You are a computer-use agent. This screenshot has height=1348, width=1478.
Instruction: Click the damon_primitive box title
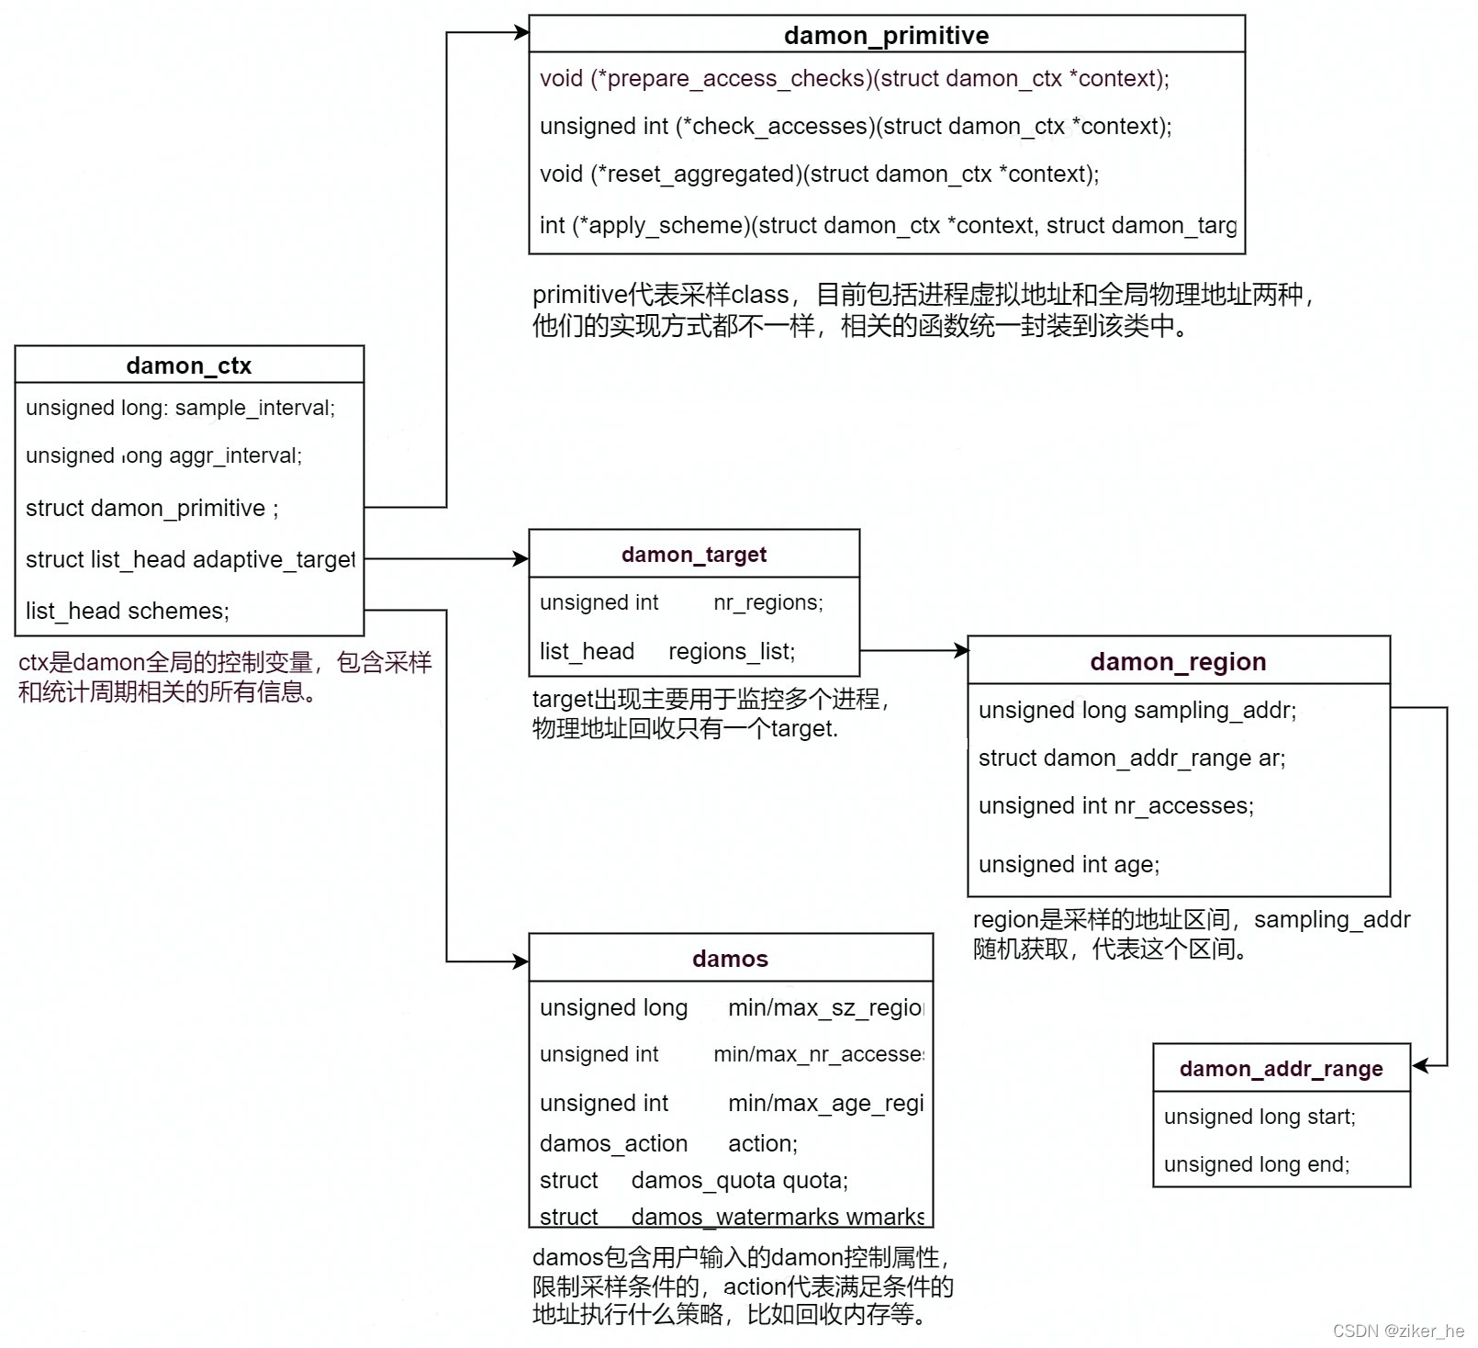(886, 36)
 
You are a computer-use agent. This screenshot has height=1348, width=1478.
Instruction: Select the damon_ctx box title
(188, 365)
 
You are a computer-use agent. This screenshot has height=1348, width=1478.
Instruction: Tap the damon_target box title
(693, 555)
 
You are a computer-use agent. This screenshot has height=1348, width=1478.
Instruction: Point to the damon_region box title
(1178, 662)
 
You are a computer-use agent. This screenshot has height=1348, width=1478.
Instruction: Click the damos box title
(730, 960)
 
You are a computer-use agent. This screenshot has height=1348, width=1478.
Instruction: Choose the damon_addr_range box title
(1281, 1069)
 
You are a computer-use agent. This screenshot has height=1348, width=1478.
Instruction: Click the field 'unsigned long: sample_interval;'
(180, 408)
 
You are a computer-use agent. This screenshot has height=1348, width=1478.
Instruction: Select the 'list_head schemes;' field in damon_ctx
(128, 611)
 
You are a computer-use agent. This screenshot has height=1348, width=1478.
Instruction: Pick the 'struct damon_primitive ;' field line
(152, 508)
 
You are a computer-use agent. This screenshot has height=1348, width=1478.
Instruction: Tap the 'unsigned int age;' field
(1069, 864)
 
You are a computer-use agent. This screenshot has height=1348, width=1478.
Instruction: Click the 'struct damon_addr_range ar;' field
(1131, 758)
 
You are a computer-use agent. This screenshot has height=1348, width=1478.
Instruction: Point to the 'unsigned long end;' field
(1256, 1164)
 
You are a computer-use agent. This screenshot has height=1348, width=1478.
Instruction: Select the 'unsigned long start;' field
(1260, 1117)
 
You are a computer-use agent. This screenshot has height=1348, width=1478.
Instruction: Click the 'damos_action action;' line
(668, 1143)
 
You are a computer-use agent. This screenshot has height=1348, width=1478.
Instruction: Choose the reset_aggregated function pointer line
(819, 174)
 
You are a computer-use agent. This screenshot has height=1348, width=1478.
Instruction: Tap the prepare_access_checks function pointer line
(854, 79)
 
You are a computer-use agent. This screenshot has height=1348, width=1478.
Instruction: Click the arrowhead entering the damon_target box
(521, 558)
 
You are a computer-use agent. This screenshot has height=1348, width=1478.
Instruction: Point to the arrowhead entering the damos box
(521, 961)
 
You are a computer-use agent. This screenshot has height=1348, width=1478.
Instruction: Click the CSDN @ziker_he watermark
(1398, 1331)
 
